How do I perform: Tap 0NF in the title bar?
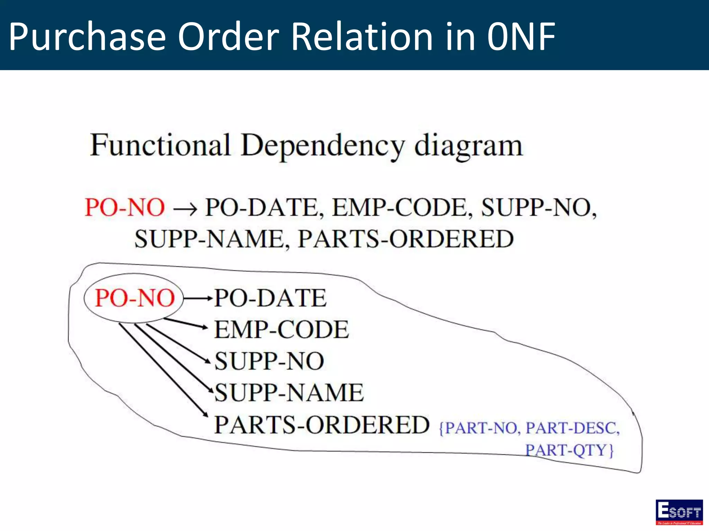coord(521,36)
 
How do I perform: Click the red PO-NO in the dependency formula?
coord(125,207)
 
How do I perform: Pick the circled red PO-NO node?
coord(134,298)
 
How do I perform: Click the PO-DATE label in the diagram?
coord(270,298)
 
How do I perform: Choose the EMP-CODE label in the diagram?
coord(281,329)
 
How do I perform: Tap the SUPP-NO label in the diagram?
coord(269,361)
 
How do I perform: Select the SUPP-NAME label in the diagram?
coord(289,393)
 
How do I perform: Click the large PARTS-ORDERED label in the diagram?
coord(322,425)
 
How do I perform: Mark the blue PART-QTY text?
coord(568,450)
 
